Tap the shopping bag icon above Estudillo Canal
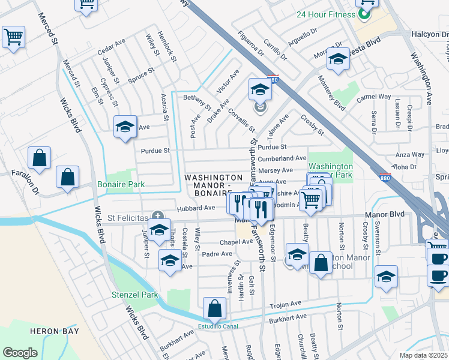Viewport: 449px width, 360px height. [214, 309]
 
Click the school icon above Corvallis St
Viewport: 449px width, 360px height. [260, 89]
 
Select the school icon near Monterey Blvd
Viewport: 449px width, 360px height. [338, 59]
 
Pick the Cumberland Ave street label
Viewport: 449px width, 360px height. [282, 158]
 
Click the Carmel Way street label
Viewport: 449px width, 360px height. [373, 97]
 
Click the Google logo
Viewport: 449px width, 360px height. [20, 352]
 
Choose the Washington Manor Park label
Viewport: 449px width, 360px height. [330, 171]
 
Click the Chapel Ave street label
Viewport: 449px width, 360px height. [235, 242]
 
